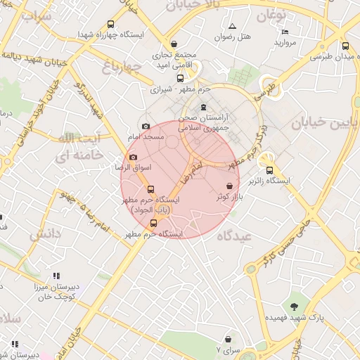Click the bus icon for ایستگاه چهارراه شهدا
[110, 24]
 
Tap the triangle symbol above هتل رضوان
[232, 26]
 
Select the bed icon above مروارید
[285, 32]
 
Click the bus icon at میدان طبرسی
[345, 46]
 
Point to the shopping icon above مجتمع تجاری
[174, 44]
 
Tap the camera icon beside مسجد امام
[146, 127]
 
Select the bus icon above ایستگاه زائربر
[269, 169]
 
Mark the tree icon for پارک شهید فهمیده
[295, 307]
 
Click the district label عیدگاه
[235, 236]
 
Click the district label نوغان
[271, 14]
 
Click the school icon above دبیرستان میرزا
[56, 276]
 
